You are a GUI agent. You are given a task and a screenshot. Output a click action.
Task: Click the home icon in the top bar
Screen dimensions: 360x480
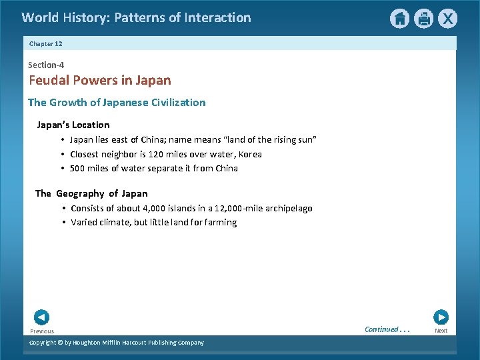399,19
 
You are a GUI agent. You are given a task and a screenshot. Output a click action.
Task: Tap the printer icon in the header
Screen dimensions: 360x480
423,19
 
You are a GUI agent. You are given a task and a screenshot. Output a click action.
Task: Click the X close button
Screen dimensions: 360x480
447,19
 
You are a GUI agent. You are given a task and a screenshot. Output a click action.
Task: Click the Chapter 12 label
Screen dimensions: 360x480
46,44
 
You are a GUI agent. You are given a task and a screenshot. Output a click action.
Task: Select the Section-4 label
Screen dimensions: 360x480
46,65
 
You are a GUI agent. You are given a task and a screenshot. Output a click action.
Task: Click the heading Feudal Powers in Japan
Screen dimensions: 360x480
99,81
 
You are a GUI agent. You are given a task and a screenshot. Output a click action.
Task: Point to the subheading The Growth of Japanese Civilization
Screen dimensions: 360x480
117,103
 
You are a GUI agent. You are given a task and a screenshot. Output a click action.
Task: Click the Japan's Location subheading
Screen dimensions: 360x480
73,125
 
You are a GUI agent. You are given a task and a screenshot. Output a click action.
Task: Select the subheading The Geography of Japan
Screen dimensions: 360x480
91,193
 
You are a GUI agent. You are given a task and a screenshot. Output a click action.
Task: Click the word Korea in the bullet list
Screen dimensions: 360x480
250,154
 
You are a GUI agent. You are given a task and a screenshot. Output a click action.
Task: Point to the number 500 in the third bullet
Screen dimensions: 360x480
78,168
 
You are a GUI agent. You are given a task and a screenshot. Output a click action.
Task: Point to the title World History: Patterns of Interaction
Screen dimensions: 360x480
136,18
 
